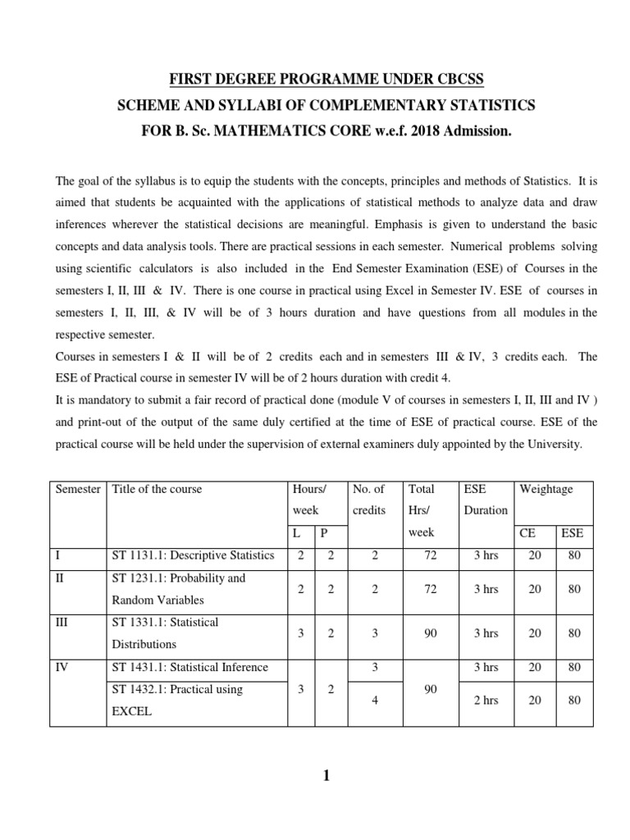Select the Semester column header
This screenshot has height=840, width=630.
pyautogui.click(x=78, y=489)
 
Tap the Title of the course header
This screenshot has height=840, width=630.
pyautogui.click(x=157, y=489)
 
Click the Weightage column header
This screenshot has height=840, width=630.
pyautogui.click(x=546, y=489)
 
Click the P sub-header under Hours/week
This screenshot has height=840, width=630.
pyautogui.click(x=324, y=532)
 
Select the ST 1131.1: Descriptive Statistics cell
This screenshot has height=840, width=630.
pyautogui.click(x=194, y=555)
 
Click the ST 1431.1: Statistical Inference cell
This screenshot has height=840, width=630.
pyautogui.click(x=190, y=667)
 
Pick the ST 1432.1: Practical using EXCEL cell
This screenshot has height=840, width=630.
pyautogui.click(x=177, y=700)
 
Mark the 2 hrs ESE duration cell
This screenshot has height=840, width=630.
pyautogui.click(x=484, y=700)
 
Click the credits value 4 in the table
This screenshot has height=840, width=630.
pyautogui.click(x=375, y=700)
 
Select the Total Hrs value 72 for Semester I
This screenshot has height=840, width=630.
pyautogui.click(x=431, y=555)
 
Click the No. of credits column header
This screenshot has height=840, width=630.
pyautogui.click(x=368, y=499)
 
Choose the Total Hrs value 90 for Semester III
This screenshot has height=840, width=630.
pyautogui.click(x=431, y=632)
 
